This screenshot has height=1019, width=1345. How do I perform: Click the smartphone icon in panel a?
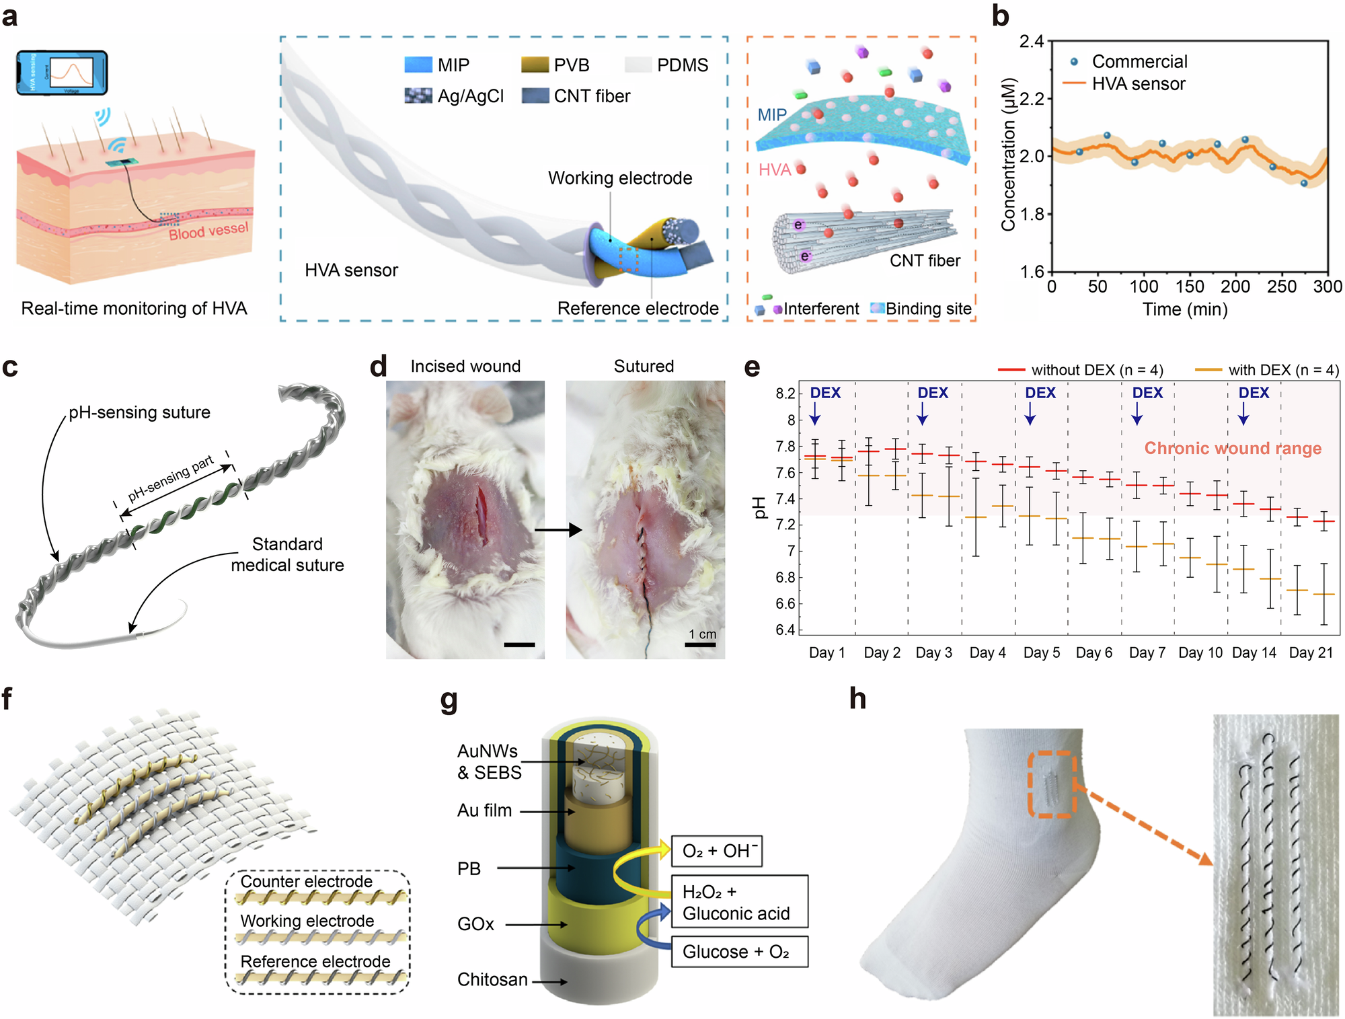tap(62, 72)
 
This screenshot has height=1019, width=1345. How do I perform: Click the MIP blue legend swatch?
tap(418, 65)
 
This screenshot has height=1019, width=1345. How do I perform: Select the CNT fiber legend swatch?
tap(535, 96)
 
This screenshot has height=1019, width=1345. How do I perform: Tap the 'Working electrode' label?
tap(619, 178)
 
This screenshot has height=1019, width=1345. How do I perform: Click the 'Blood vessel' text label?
tap(208, 231)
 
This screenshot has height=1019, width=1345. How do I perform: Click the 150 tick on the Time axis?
tap(1190, 287)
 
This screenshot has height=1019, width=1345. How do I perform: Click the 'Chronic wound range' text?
tap(1233, 448)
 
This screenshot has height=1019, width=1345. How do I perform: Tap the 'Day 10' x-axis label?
tap(1200, 652)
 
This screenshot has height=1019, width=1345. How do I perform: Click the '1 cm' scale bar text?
tap(702, 634)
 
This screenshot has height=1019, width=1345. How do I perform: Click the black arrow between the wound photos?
tap(558, 530)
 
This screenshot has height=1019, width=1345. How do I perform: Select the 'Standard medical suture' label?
tap(287, 554)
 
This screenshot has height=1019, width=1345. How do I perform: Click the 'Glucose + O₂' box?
tap(739, 952)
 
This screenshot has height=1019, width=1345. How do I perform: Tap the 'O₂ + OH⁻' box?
tap(717, 851)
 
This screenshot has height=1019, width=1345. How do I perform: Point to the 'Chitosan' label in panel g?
tap(492, 979)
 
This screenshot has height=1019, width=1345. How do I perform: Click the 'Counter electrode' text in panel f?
tap(306, 881)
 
